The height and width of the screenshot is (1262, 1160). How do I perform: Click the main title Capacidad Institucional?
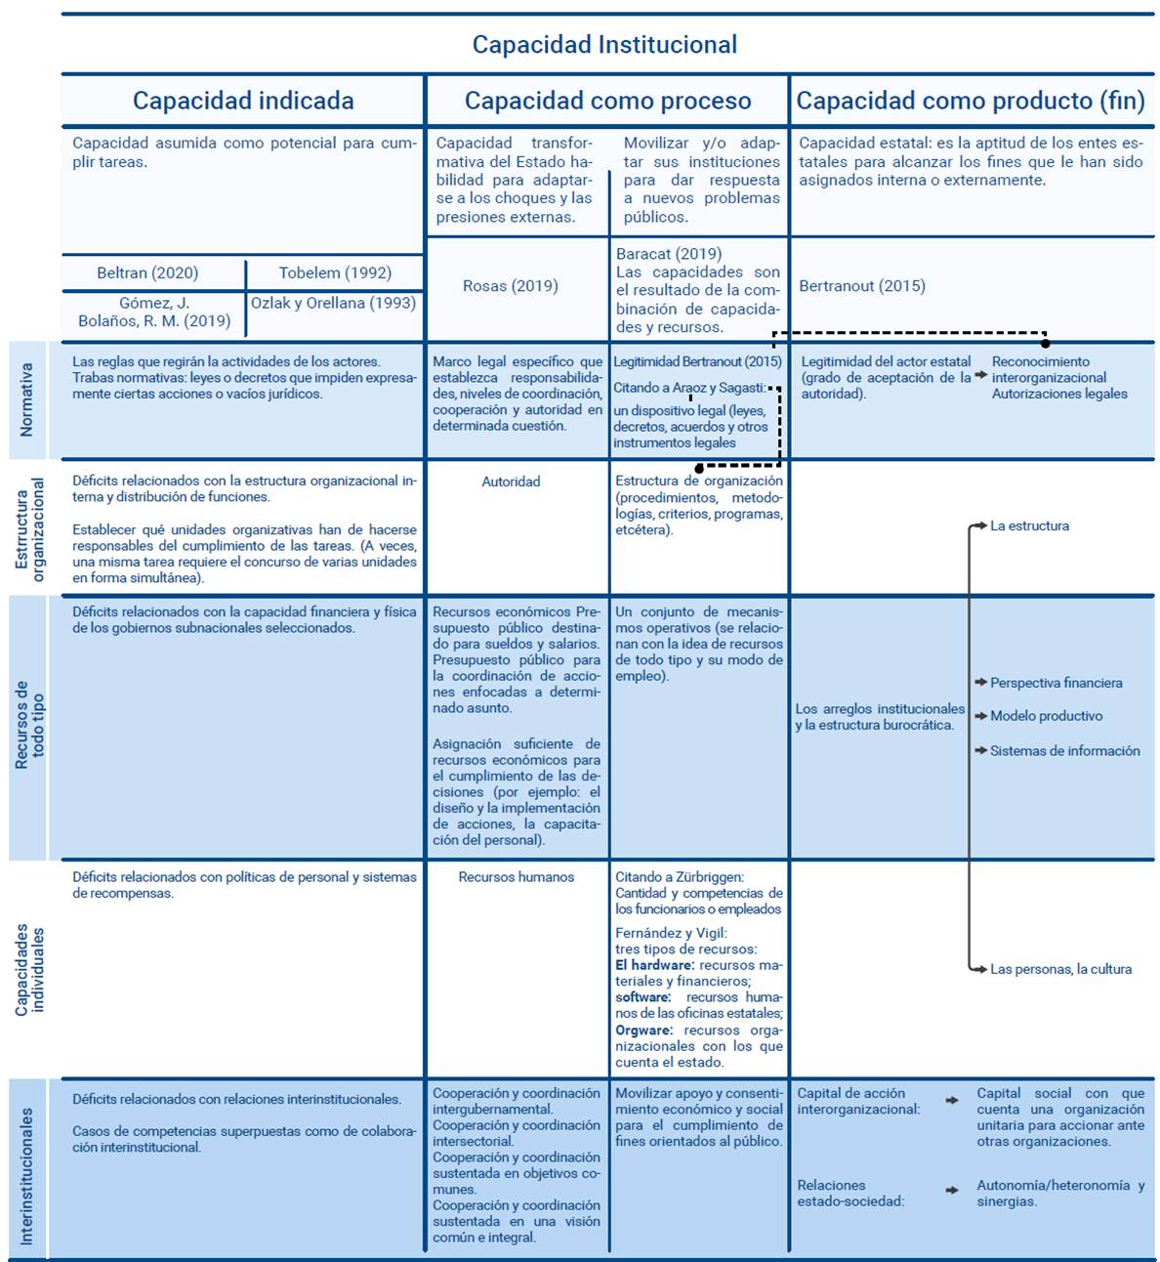[604, 45]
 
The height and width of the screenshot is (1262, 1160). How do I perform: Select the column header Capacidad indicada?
[243, 101]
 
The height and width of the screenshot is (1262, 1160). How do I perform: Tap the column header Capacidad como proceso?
[607, 101]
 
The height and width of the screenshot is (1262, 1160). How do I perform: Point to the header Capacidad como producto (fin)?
[971, 101]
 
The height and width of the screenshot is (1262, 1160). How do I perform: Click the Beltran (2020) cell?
[147, 273]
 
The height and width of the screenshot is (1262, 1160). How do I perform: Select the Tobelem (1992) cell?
[335, 273]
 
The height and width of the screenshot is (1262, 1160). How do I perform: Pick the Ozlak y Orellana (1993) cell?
[333, 303]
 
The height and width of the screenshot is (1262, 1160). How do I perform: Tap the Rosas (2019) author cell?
[511, 286]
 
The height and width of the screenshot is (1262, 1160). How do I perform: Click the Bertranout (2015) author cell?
[862, 286]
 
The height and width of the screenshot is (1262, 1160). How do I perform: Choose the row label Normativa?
[26, 400]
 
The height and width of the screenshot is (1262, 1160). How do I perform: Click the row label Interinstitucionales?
[26, 1175]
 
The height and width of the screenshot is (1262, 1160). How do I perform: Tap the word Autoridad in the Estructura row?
[511, 482]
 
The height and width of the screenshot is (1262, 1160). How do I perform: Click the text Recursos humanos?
[517, 877]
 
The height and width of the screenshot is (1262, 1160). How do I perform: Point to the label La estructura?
[1029, 526]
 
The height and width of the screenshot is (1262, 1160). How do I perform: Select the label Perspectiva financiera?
[1056, 683]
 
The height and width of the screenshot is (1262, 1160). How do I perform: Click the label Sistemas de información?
[1064, 751]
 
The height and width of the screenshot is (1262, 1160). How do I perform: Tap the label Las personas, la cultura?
[1060, 969]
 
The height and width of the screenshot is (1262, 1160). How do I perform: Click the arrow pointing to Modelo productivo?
[980, 716]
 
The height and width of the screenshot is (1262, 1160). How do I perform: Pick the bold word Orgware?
[643, 1031]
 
